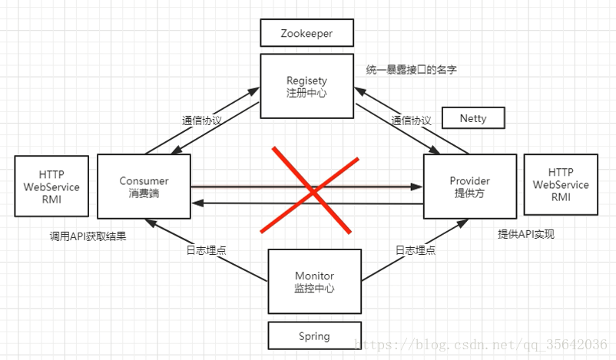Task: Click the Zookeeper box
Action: [306, 34]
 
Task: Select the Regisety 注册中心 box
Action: [306, 85]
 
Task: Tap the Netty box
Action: [472, 118]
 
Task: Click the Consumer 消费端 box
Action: [144, 187]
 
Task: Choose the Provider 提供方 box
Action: [469, 187]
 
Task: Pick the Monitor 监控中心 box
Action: [314, 282]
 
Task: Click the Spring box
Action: [314, 336]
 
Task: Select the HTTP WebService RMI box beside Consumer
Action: [51, 187]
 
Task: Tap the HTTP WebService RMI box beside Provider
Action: [561, 184]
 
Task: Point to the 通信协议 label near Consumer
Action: [202, 121]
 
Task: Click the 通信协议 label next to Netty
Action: [411, 121]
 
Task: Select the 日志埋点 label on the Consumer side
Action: [207, 250]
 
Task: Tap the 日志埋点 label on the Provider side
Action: [416, 250]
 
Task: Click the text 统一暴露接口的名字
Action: [412, 70]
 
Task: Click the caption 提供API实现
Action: [526, 234]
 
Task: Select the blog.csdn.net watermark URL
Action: [484, 344]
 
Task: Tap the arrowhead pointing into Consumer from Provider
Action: [197, 203]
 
